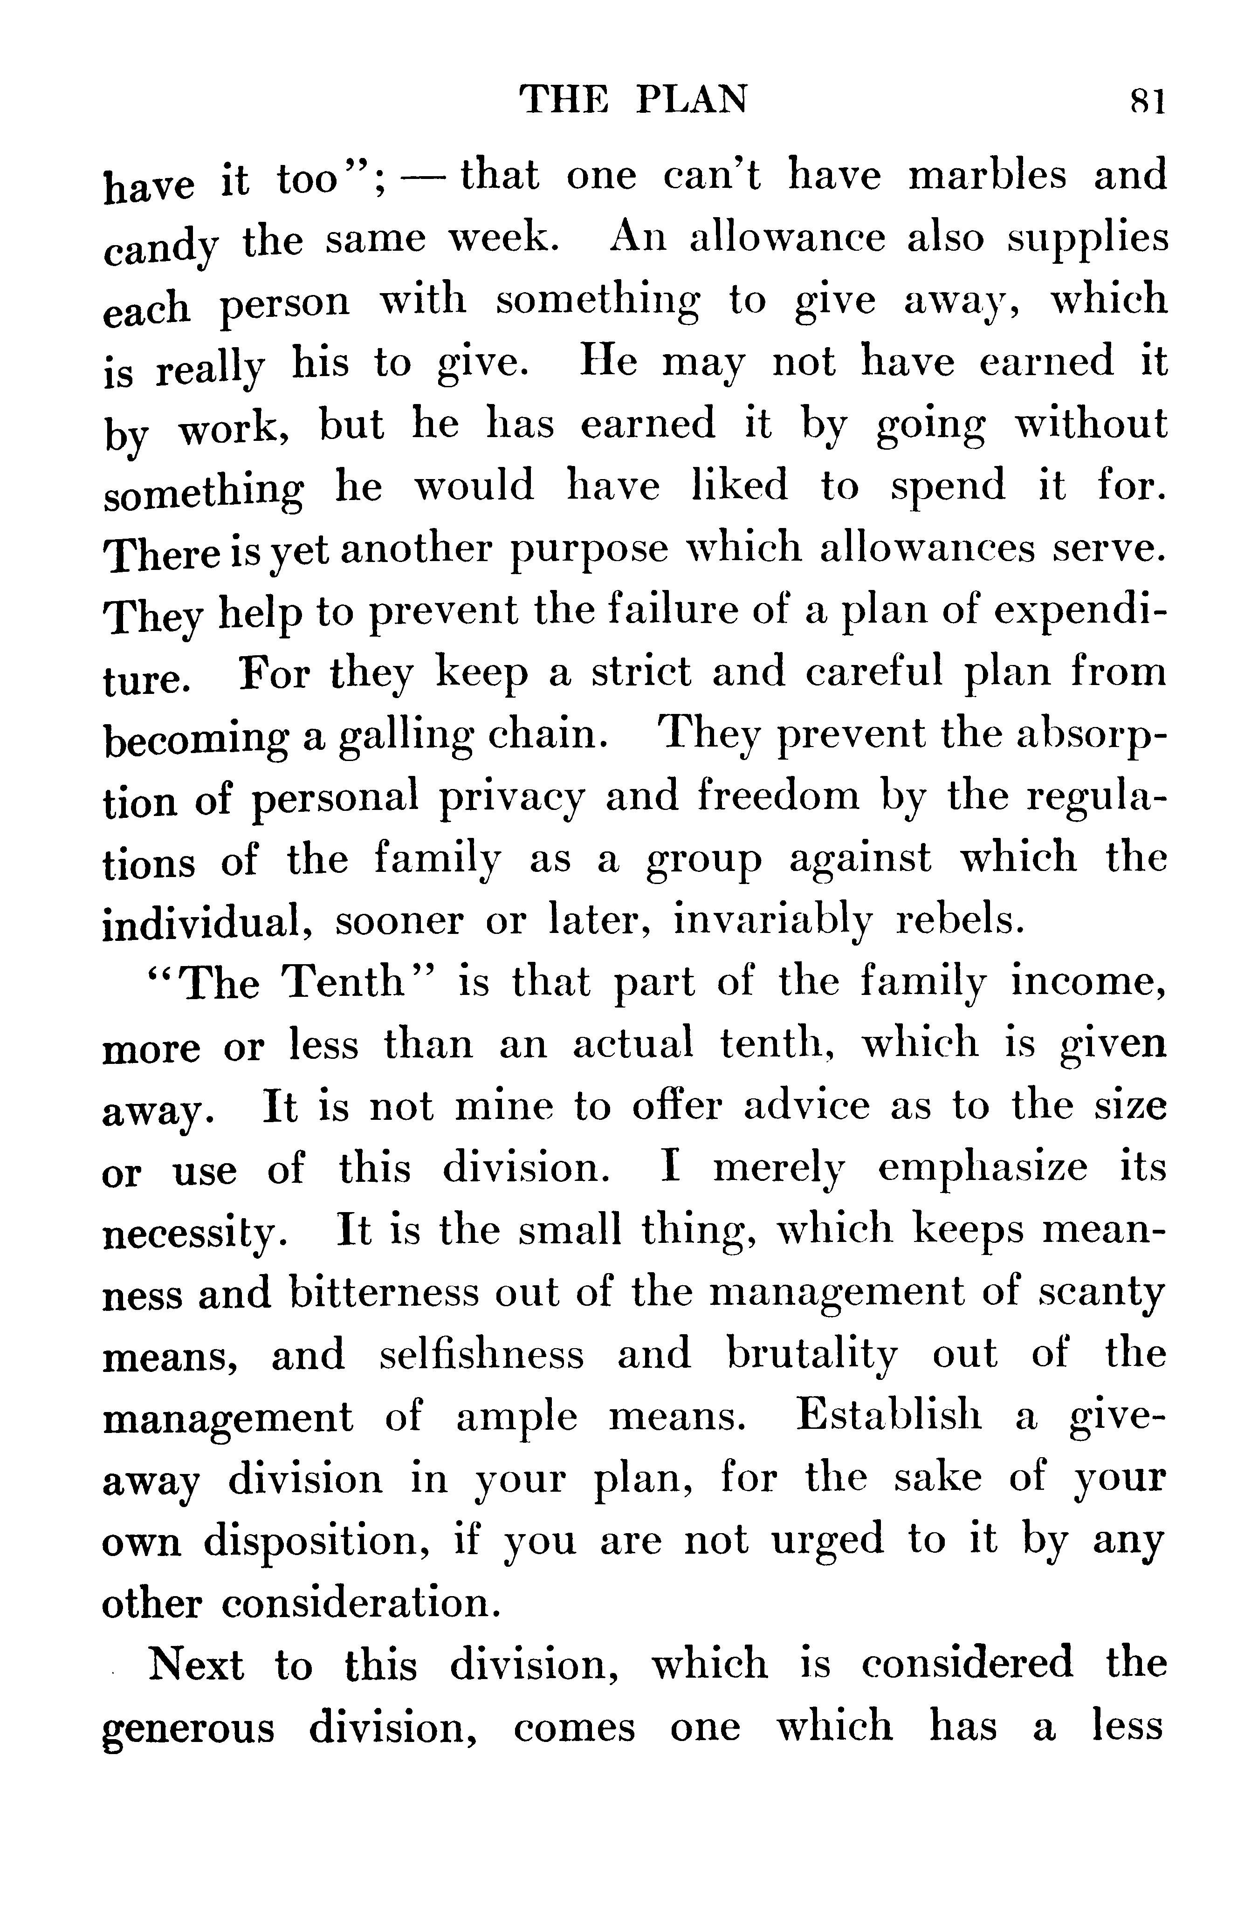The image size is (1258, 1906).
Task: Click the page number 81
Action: (x=1147, y=102)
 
